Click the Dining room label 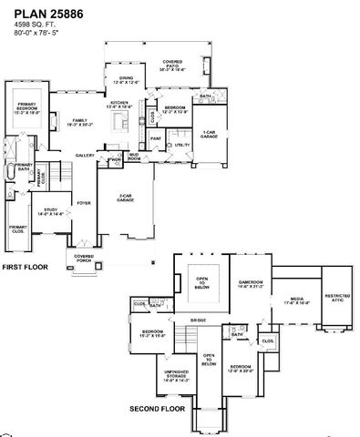[x=127, y=80]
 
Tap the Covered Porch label [x=84, y=258]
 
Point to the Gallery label [x=85, y=156]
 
